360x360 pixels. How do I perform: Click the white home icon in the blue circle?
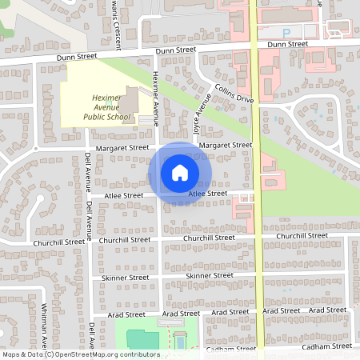point(180,172)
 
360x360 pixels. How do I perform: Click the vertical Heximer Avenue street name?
point(157,100)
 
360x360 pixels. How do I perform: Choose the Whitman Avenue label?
point(44,323)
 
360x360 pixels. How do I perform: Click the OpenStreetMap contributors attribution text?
point(80,354)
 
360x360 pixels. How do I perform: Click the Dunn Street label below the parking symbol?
point(289,46)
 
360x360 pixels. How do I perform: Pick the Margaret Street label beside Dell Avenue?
point(122,148)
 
